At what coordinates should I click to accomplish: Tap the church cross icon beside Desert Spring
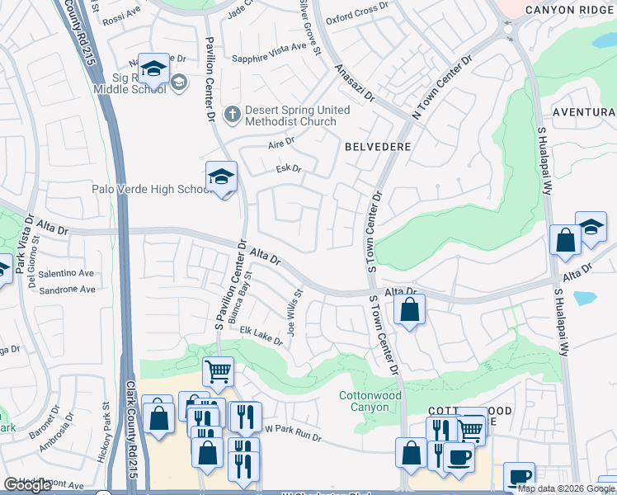(233, 113)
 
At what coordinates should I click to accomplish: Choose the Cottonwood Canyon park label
(370, 402)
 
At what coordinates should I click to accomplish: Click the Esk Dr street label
(289, 169)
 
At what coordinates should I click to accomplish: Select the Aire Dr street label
(281, 144)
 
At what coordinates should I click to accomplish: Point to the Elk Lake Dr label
(261, 336)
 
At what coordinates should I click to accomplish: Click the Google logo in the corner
(28, 485)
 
